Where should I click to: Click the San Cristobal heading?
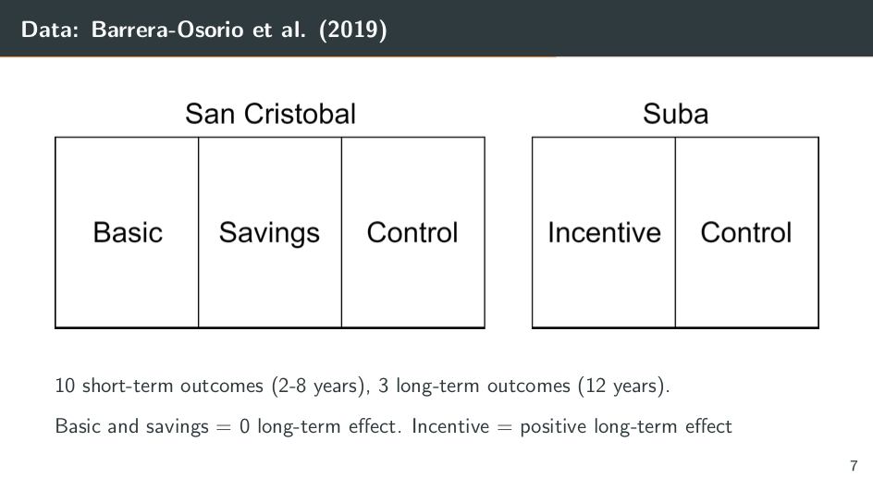[270, 114]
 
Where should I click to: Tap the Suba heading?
[675, 114]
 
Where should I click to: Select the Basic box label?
[128, 232]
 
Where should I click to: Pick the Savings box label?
[269, 234]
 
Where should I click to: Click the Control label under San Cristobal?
[412, 232]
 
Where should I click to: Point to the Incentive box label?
[604, 232]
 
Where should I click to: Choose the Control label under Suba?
[746, 232]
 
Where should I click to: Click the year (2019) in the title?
[353, 30]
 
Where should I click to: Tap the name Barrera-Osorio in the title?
[167, 30]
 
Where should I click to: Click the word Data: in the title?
[50, 30]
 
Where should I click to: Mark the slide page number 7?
[854, 465]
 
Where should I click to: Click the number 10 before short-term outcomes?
[65, 386]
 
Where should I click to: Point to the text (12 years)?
[621, 386]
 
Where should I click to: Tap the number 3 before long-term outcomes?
[383, 386]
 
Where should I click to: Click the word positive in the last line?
[553, 427]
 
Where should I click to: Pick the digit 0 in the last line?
[244, 426]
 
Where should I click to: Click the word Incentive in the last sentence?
[450, 426]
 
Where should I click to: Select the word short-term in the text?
[128, 386]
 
